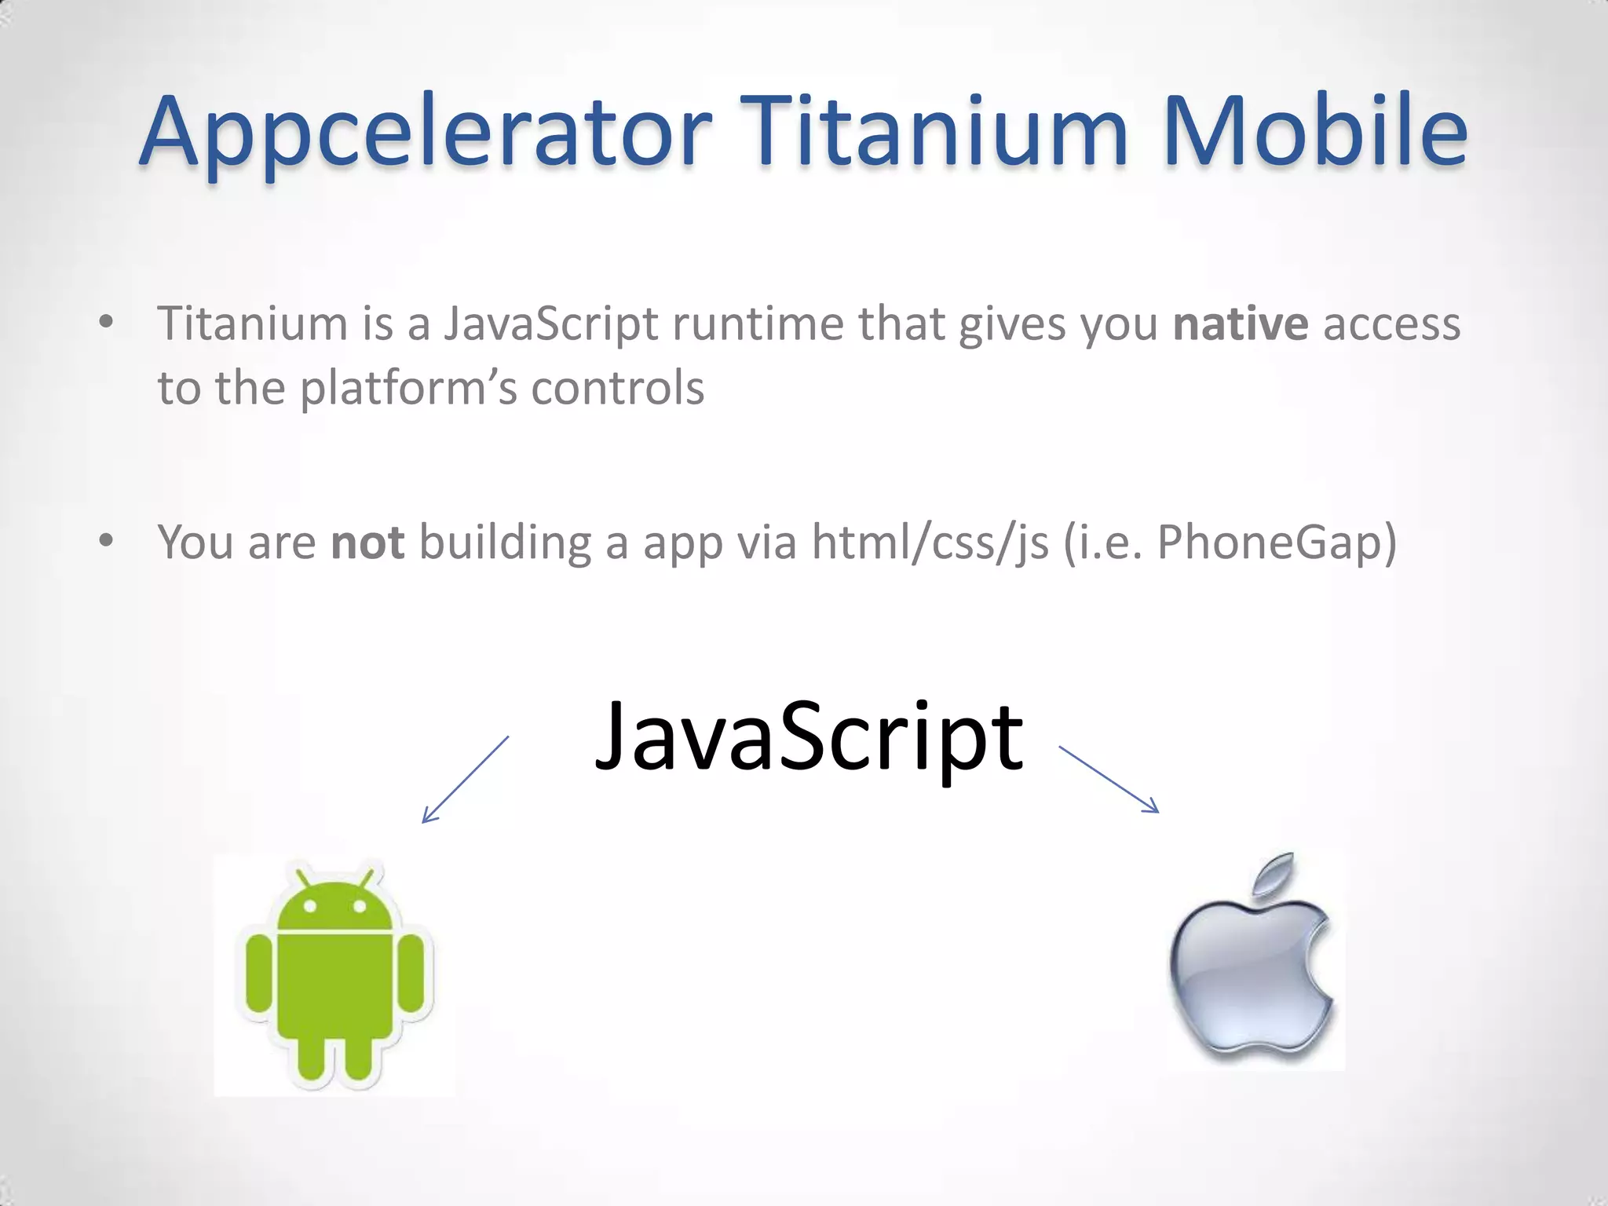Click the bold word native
pyautogui.click(x=1240, y=323)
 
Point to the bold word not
pyautogui.click(x=367, y=542)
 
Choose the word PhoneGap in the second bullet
pyautogui.click(x=1267, y=542)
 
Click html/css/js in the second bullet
pyautogui.click(x=930, y=542)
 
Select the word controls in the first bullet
pyautogui.click(x=617, y=388)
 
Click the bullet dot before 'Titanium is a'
pyautogui.click(x=107, y=322)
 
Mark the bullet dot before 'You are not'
pyautogui.click(x=107, y=540)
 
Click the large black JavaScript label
pyautogui.click(x=809, y=738)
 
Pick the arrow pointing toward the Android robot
pyautogui.click(x=465, y=779)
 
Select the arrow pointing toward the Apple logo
pyautogui.click(x=1109, y=779)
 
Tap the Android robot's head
pyautogui.click(x=334, y=903)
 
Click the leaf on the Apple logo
pyautogui.click(x=1274, y=873)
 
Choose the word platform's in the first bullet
pyautogui.click(x=408, y=388)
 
